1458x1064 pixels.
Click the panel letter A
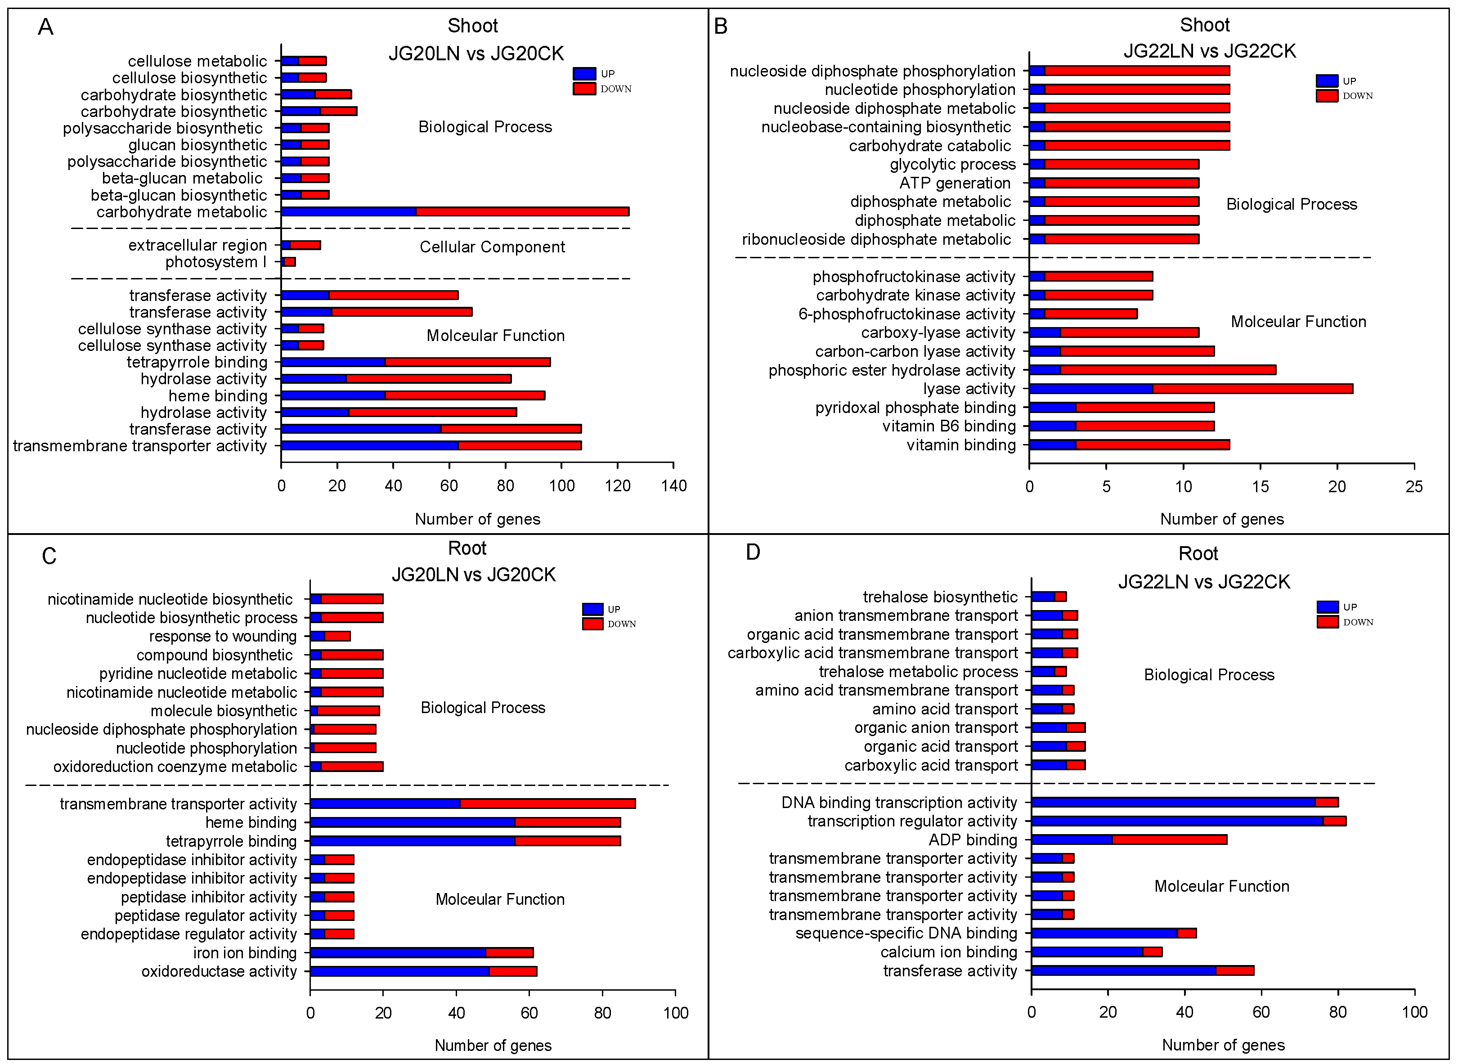pos(45,27)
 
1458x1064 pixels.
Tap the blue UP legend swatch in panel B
pos(1327,81)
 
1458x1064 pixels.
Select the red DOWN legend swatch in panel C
pos(592,624)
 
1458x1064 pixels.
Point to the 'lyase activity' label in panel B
pos(969,389)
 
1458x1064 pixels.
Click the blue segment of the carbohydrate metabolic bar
pos(348,211)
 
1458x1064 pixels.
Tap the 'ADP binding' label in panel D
pos(973,840)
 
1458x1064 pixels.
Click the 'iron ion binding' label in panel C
pos(245,952)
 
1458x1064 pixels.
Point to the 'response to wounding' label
pos(223,636)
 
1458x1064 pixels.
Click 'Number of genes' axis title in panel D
pos(1223,1045)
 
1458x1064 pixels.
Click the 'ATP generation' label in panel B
pos(955,183)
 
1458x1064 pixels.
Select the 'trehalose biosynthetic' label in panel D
pos(940,597)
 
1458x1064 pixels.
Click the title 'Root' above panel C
pos(467,548)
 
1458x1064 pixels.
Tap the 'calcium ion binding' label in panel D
pos(949,952)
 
